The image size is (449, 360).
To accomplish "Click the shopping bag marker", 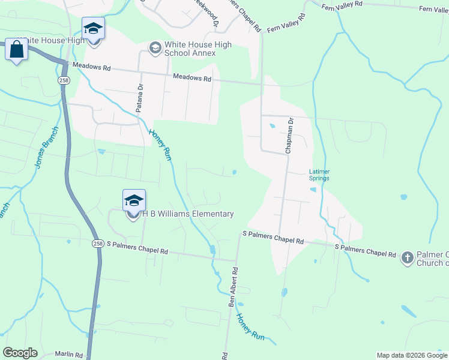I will click(x=16, y=50).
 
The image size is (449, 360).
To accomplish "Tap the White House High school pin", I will click(x=93, y=29).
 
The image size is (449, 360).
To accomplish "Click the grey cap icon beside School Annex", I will click(x=155, y=47).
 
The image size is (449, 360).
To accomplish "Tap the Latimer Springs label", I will click(x=319, y=175).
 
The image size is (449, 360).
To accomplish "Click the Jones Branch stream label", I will click(x=39, y=148).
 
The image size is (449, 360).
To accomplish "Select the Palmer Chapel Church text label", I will click(x=433, y=259).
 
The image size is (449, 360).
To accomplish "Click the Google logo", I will click(x=20, y=353).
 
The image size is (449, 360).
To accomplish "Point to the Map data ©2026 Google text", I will click(x=412, y=355).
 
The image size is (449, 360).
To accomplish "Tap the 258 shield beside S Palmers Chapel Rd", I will click(x=98, y=244).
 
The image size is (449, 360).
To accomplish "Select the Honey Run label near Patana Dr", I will click(x=160, y=145).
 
